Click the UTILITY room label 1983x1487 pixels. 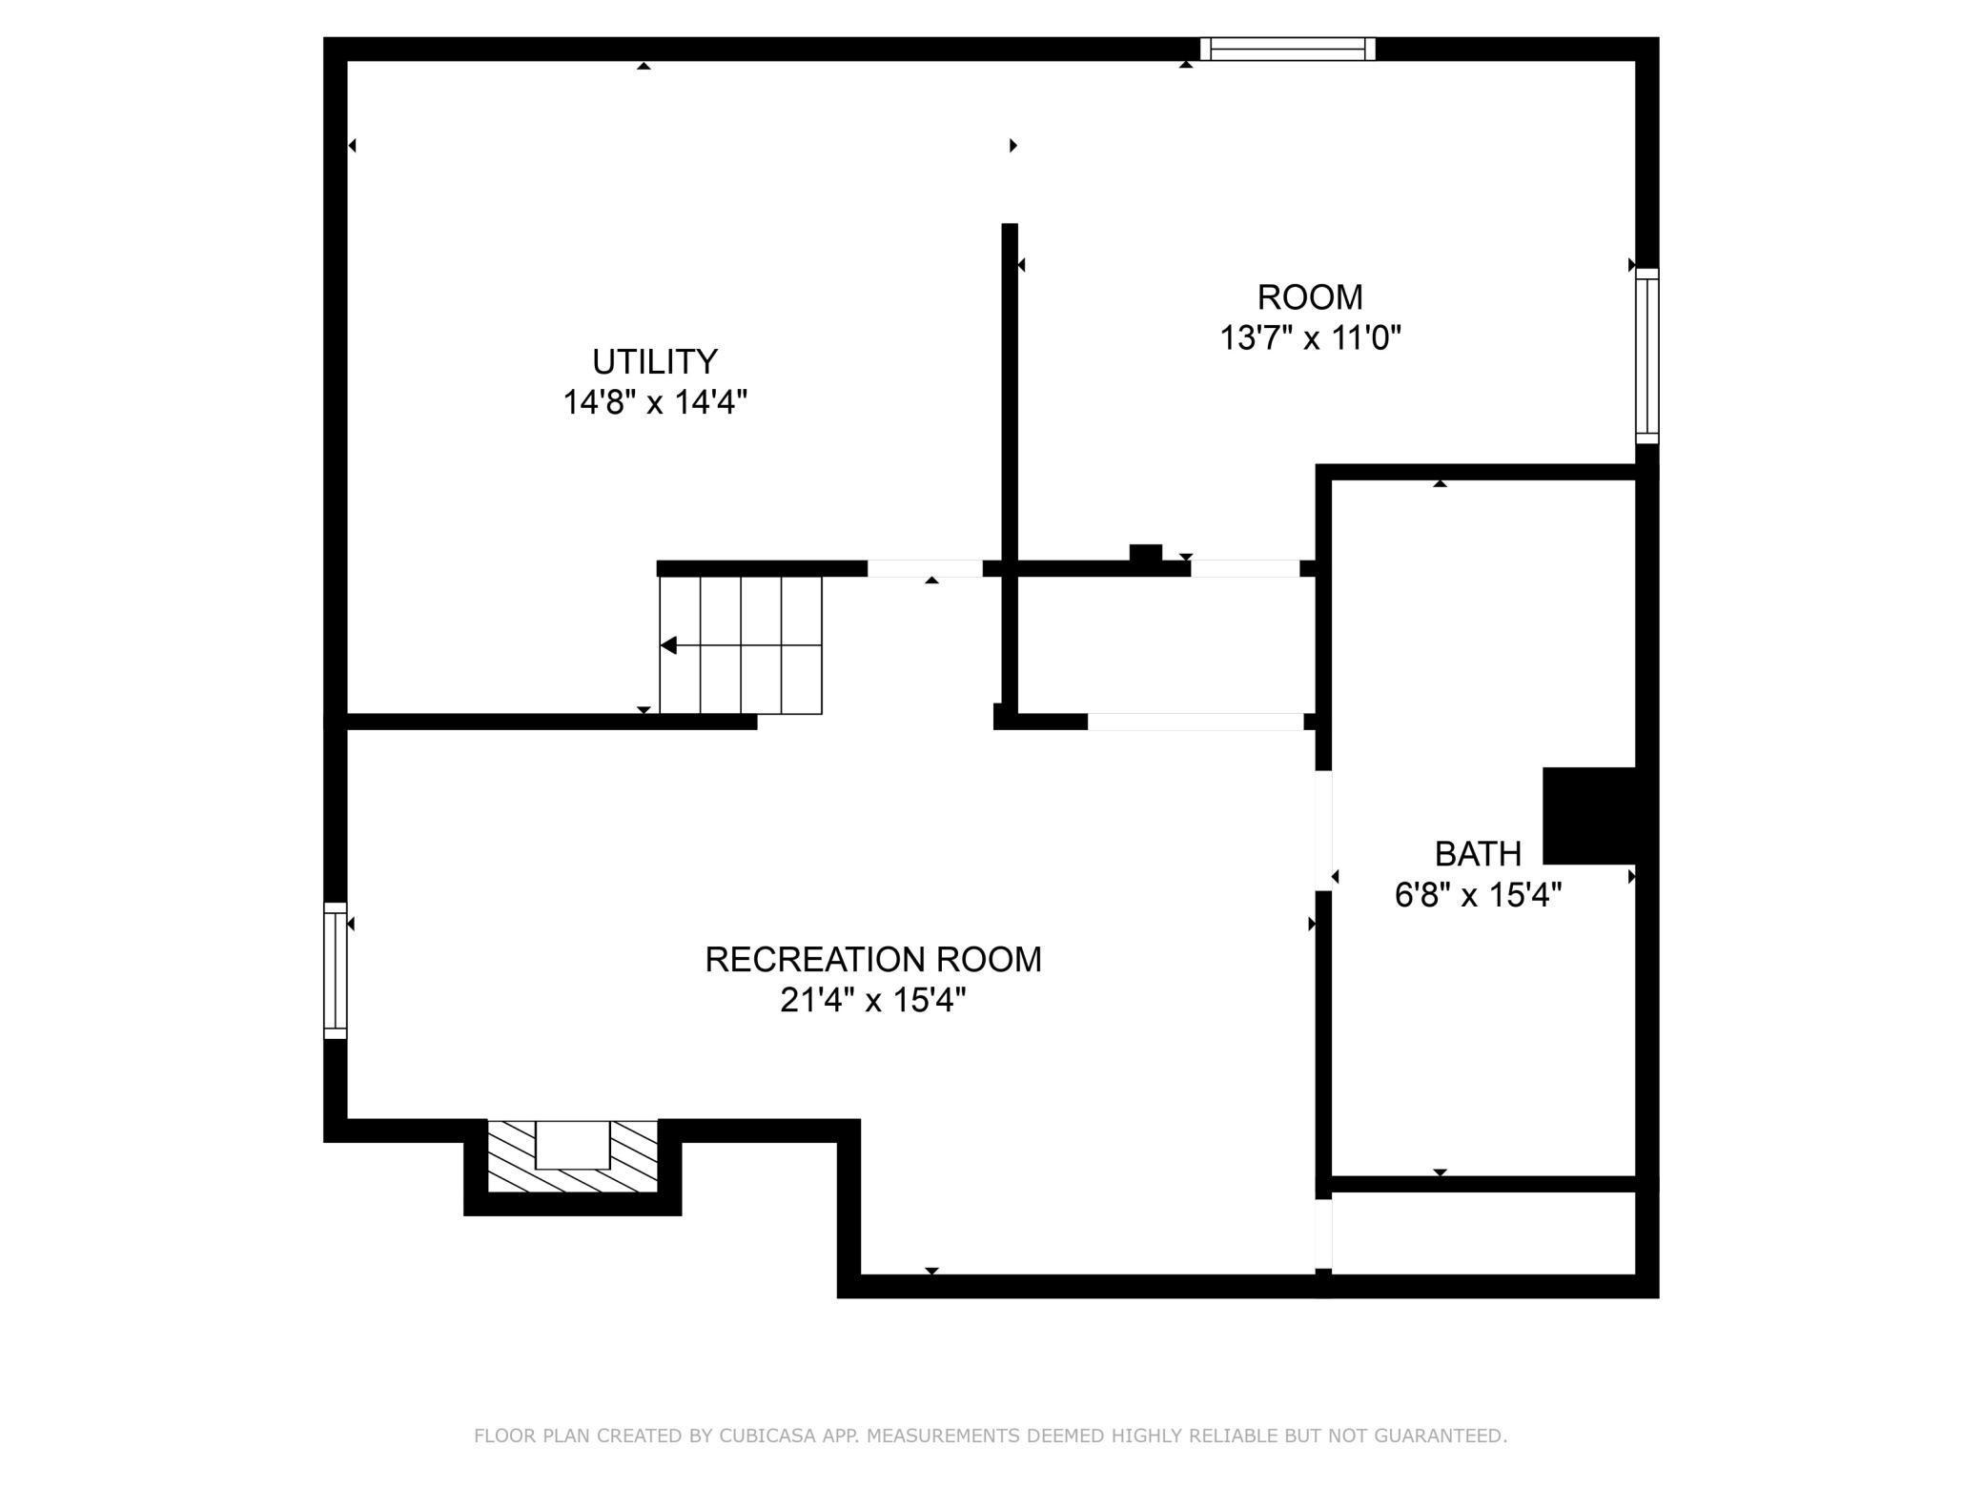[x=654, y=362]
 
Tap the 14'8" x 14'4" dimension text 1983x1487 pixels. [x=654, y=403]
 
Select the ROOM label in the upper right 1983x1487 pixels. [x=1309, y=297]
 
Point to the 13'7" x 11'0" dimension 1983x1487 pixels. [x=1310, y=338]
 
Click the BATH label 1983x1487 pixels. [x=1477, y=854]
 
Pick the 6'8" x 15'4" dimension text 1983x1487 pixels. [x=1477, y=896]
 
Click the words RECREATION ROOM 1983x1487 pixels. [x=872, y=960]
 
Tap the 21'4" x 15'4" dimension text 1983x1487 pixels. [x=872, y=1001]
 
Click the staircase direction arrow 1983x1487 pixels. [x=669, y=646]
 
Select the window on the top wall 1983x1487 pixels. [x=1287, y=49]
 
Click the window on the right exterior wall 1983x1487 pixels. [x=1646, y=356]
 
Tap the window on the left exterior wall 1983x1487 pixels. [x=335, y=970]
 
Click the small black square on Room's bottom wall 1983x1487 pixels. [x=1145, y=553]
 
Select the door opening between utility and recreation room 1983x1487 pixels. [x=924, y=569]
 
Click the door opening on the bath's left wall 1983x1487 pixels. [x=1323, y=830]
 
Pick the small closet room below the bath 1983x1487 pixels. [x=1482, y=1232]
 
